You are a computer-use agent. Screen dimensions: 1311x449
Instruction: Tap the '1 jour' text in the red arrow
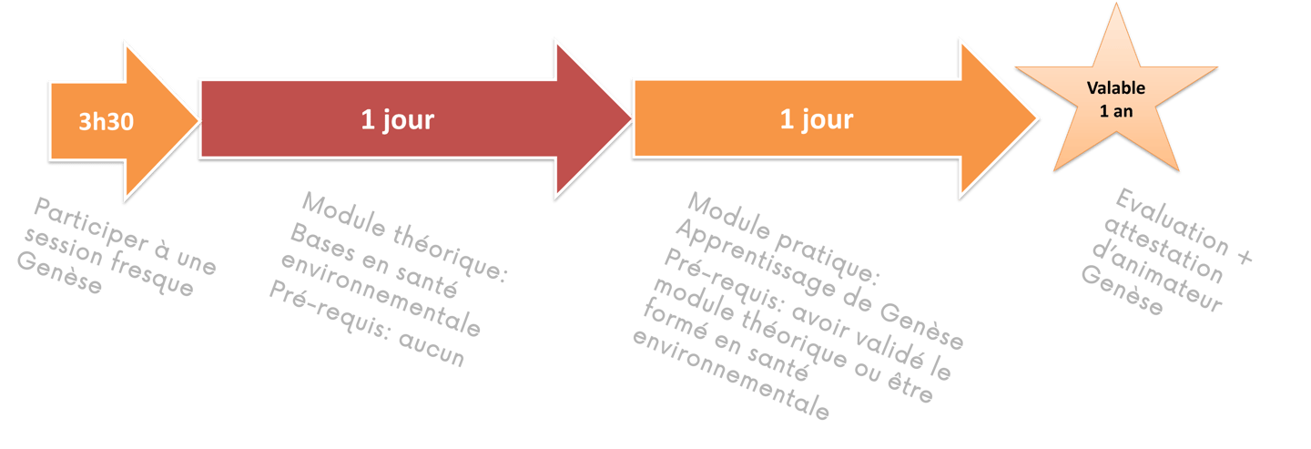click(x=398, y=119)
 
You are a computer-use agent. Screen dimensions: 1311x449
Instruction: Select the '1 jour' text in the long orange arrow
click(x=816, y=119)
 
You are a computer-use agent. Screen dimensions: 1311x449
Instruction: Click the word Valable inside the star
click(x=1115, y=88)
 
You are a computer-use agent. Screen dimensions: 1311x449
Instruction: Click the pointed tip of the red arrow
click(x=630, y=117)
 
